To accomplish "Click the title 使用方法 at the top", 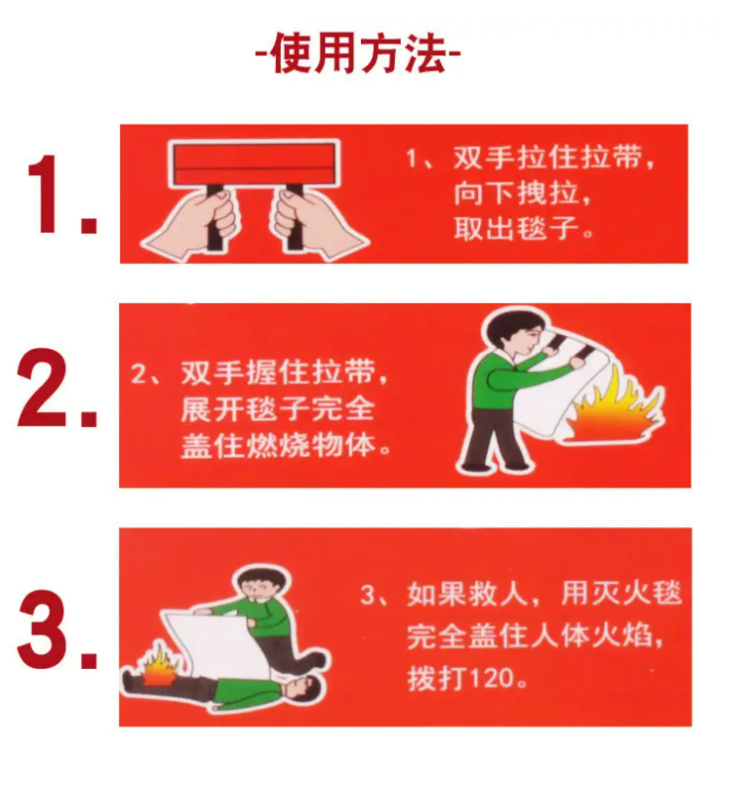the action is (358, 54).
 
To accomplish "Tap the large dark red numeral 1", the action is (48, 194).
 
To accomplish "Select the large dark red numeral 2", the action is (43, 388).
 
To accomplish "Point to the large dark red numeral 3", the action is (44, 628).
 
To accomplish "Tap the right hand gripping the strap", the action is (316, 224).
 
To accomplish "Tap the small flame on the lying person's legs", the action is (161, 666).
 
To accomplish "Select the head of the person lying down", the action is (301, 689).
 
